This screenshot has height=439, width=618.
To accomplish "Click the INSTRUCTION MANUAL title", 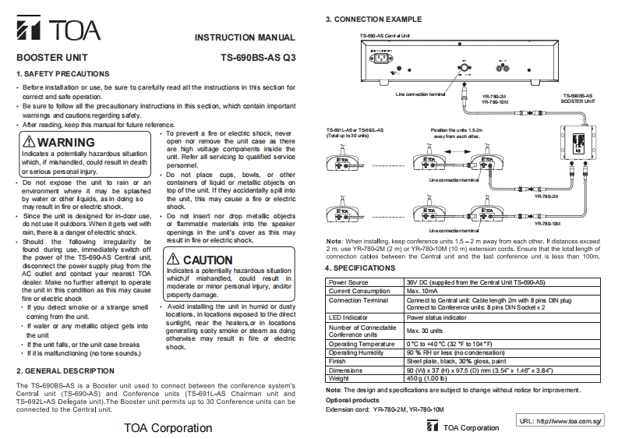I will tap(244, 37).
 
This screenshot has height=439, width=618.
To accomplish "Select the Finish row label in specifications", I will tap(339, 361).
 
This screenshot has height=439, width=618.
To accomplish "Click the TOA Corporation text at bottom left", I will tap(168, 427).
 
